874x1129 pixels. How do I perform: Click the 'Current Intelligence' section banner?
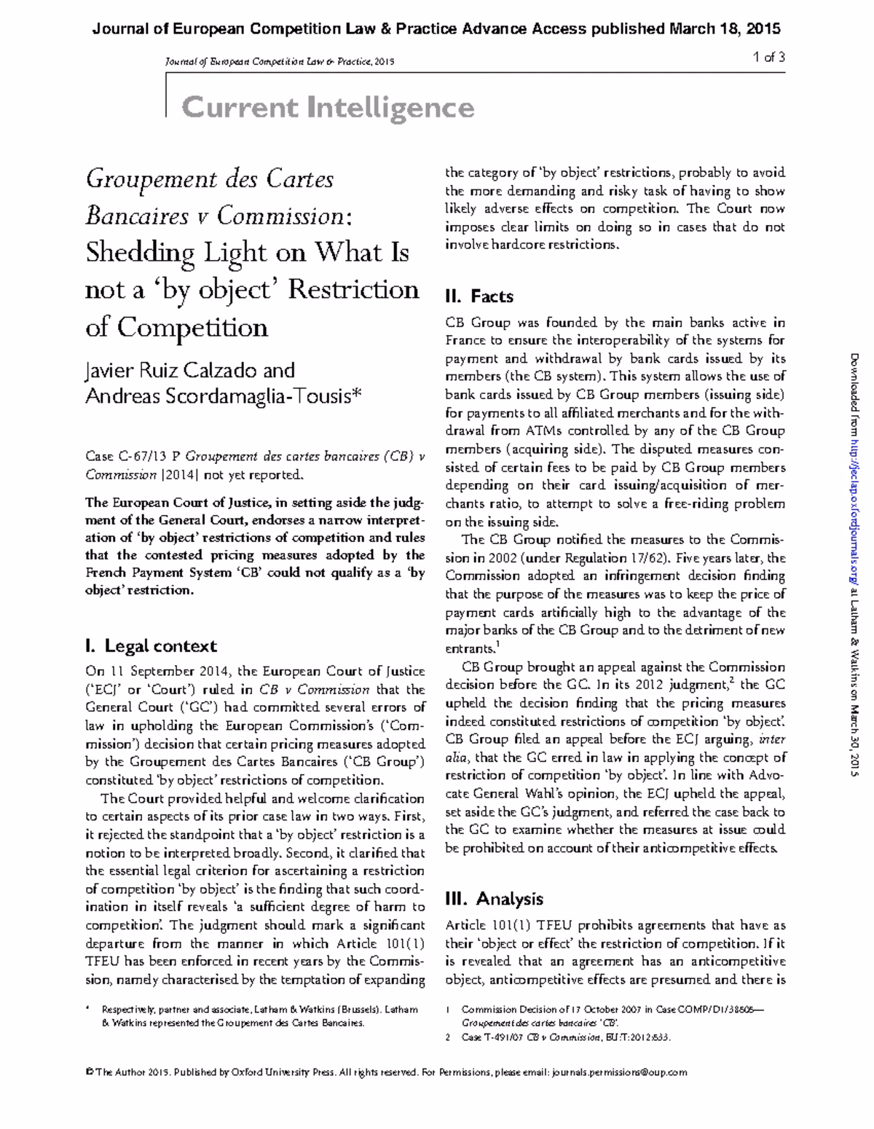pyautogui.click(x=328, y=108)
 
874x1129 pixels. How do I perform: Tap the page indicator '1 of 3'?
pyautogui.click(x=769, y=58)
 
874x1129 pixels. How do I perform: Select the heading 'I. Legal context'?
pyautogui.click(x=151, y=646)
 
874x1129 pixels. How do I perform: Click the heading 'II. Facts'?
pyautogui.click(x=479, y=296)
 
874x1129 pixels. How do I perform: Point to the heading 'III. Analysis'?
pyautogui.click(x=494, y=899)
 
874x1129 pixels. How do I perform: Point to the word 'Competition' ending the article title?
pyautogui.click(x=192, y=328)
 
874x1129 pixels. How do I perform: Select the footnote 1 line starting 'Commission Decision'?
pyautogui.click(x=613, y=1010)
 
